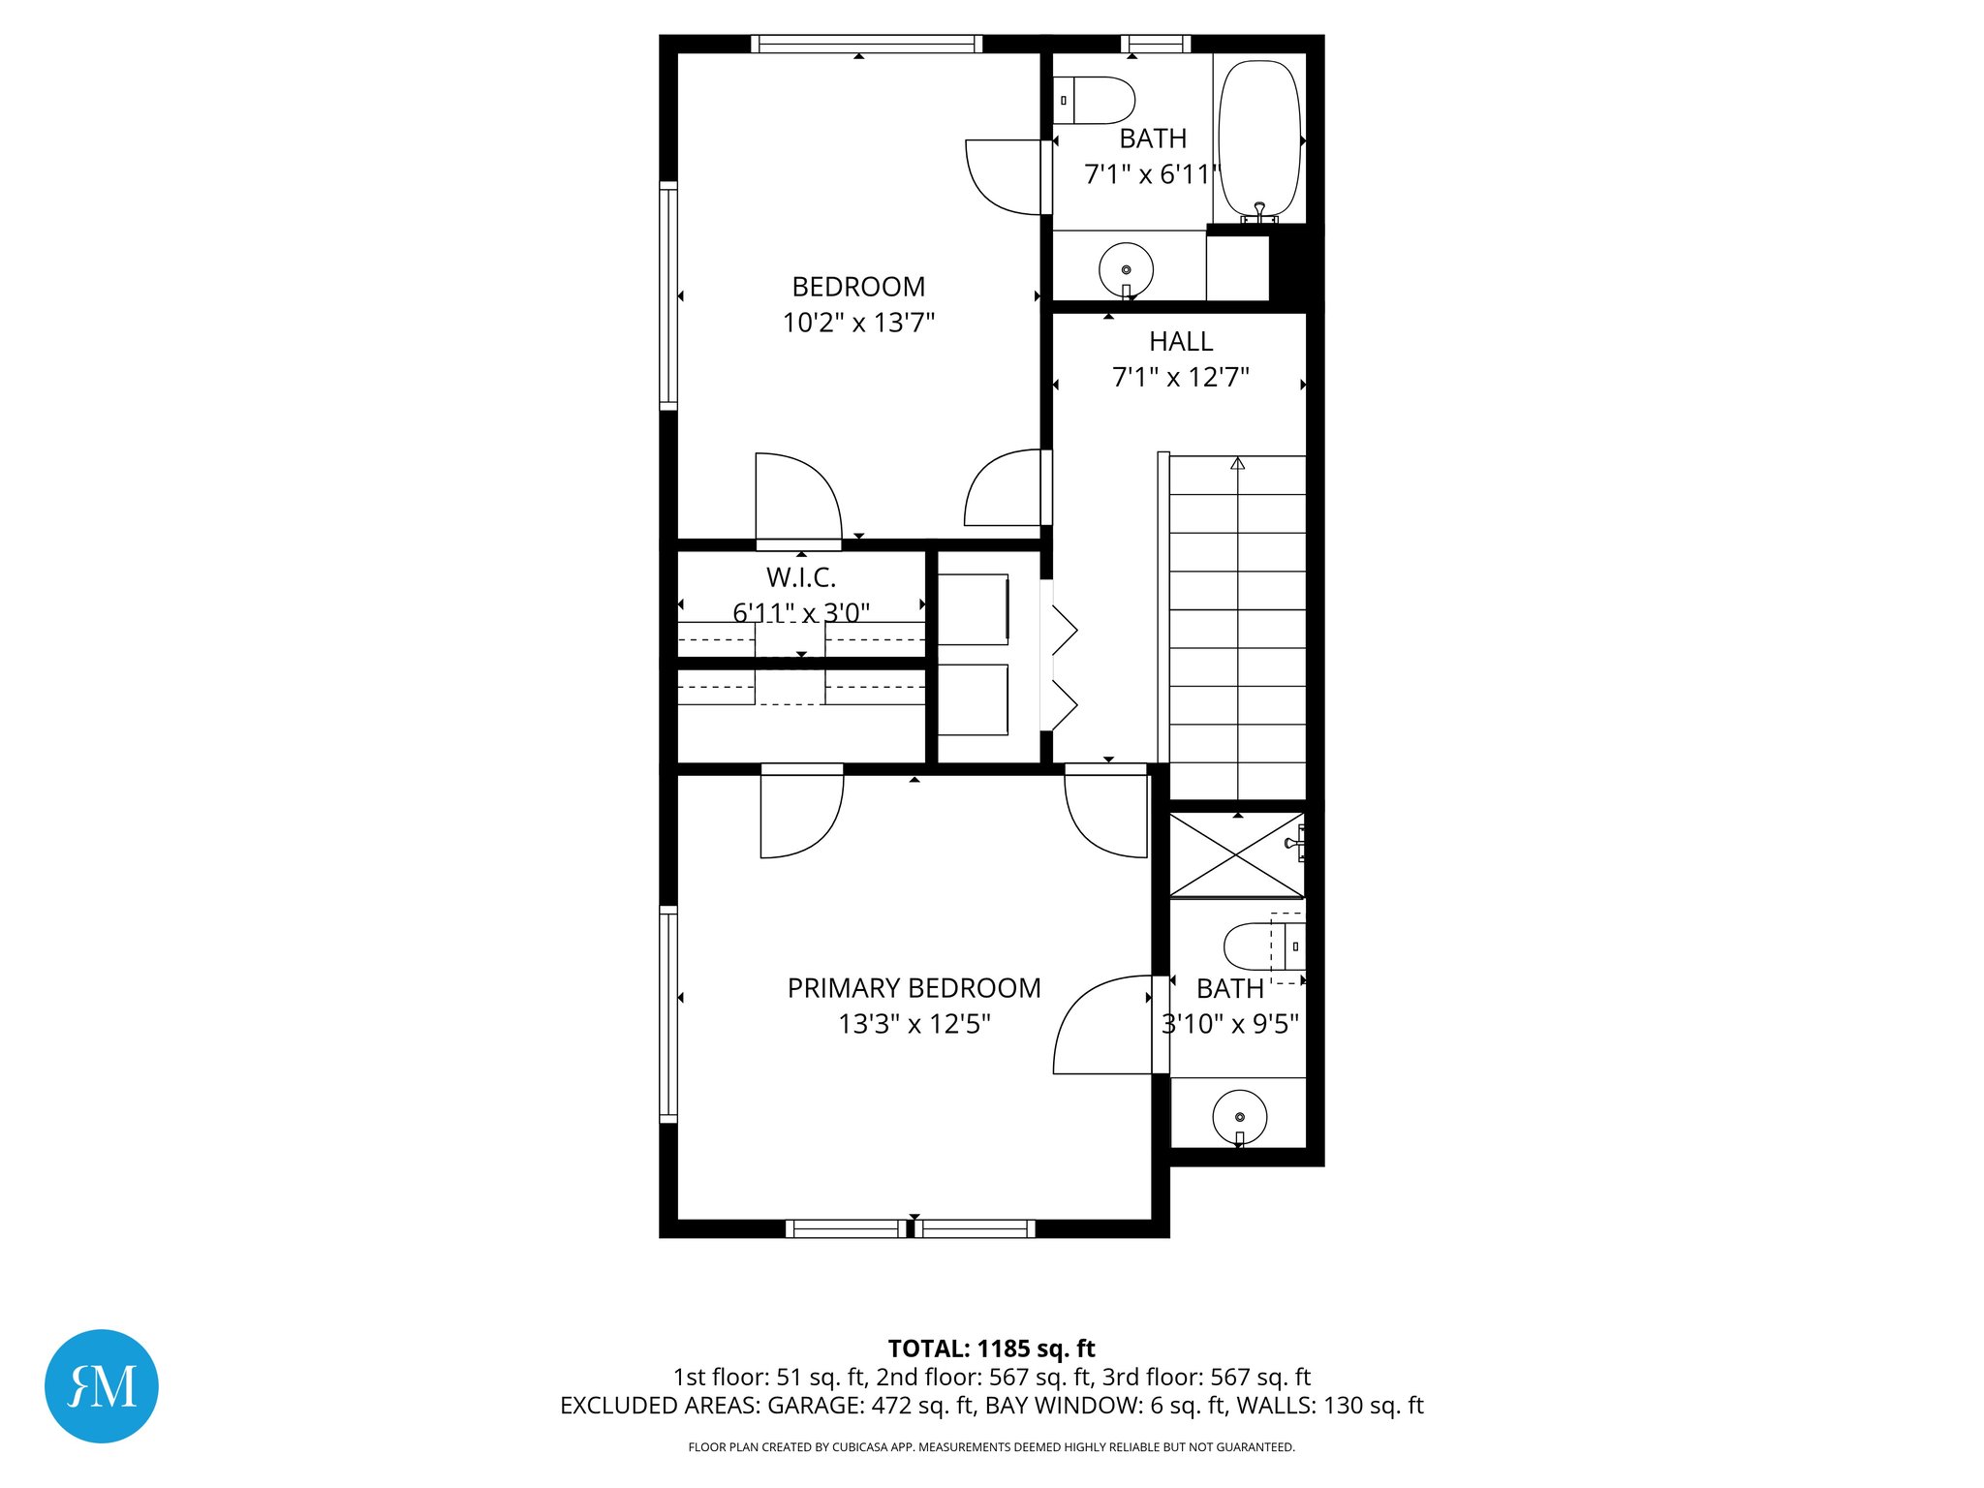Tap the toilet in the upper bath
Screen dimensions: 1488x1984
coord(1095,101)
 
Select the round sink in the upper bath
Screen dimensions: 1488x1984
coord(1126,269)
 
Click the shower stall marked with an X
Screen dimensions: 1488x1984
coord(1236,854)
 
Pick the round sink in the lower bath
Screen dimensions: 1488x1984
coord(1239,1117)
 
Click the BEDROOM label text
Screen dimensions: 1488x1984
coord(858,287)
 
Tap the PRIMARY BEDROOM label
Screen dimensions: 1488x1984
coord(914,988)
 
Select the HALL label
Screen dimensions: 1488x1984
coord(1180,341)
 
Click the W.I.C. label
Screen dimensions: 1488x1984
coord(800,577)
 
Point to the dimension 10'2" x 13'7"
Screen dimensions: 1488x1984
coord(858,323)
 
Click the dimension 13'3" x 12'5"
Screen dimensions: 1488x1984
coord(914,1024)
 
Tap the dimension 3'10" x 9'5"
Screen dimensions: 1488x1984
coord(1229,1024)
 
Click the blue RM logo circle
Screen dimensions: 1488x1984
coord(102,1385)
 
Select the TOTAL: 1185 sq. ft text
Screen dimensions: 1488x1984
coord(991,1348)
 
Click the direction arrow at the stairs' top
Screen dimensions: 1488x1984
coord(1237,464)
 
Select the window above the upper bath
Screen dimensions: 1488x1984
coord(1155,44)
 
